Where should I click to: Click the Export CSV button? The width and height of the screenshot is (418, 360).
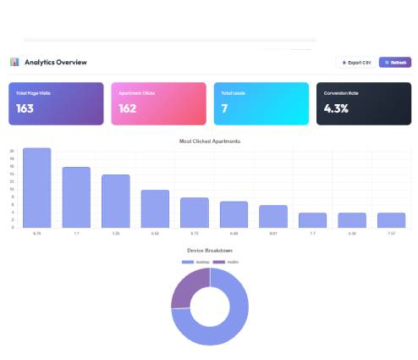click(355, 63)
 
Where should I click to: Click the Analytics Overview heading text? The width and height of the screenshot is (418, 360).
click(56, 63)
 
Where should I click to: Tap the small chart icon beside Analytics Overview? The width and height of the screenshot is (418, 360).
click(14, 63)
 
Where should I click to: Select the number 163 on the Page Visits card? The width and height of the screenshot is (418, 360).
click(25, 108)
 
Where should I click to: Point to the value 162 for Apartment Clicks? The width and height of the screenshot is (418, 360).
click(128, 108)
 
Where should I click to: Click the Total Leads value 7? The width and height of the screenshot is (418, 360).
click(225, 108)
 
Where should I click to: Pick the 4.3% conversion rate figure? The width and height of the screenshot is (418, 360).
click(337, 108)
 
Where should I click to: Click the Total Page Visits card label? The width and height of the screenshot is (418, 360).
click(33, 93)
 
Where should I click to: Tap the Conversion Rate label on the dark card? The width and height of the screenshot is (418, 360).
click(341, 93)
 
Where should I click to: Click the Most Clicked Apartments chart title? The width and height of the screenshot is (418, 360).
click(210, 141)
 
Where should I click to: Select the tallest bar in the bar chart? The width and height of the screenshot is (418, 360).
click(36, 188)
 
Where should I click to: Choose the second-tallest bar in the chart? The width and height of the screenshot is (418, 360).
click(76, 197)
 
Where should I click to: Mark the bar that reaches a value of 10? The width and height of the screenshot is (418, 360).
click(155, 208)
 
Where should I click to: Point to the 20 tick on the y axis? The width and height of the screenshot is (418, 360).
click(12, 152)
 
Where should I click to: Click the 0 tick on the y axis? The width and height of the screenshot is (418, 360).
click(13, 227)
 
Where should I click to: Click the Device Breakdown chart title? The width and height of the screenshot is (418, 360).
click(210, 251)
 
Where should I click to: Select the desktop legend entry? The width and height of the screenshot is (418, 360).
click(196, 262)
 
